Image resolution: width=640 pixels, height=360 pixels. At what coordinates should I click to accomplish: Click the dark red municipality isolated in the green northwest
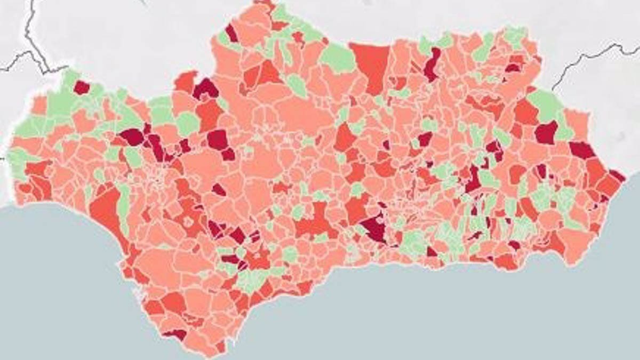click(x=81, y=87)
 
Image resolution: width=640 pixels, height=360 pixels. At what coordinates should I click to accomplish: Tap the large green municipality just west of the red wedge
click(x=338, y=58)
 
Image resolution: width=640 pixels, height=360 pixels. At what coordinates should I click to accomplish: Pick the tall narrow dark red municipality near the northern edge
click(x=432, y=64)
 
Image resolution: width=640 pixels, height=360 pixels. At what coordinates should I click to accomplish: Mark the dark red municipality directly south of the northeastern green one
click(x=546, y=132)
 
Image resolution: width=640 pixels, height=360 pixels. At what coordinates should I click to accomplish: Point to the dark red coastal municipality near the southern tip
click(x=175, y=334)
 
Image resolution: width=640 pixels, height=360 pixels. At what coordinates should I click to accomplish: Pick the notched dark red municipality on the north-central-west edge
click(x=205, y=89)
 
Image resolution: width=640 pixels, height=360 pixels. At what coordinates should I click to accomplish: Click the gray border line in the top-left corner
click(x=29, y=37)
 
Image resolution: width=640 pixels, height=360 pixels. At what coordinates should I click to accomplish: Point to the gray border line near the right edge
click(x=587, y=59)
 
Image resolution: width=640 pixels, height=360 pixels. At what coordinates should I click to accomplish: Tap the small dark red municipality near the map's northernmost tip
click(x=231, y=33)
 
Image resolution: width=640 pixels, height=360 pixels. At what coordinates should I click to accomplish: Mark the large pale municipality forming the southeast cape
click(x=576, y=245)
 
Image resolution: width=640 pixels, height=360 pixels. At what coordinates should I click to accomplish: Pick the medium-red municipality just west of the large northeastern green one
click(x=525, y=112)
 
